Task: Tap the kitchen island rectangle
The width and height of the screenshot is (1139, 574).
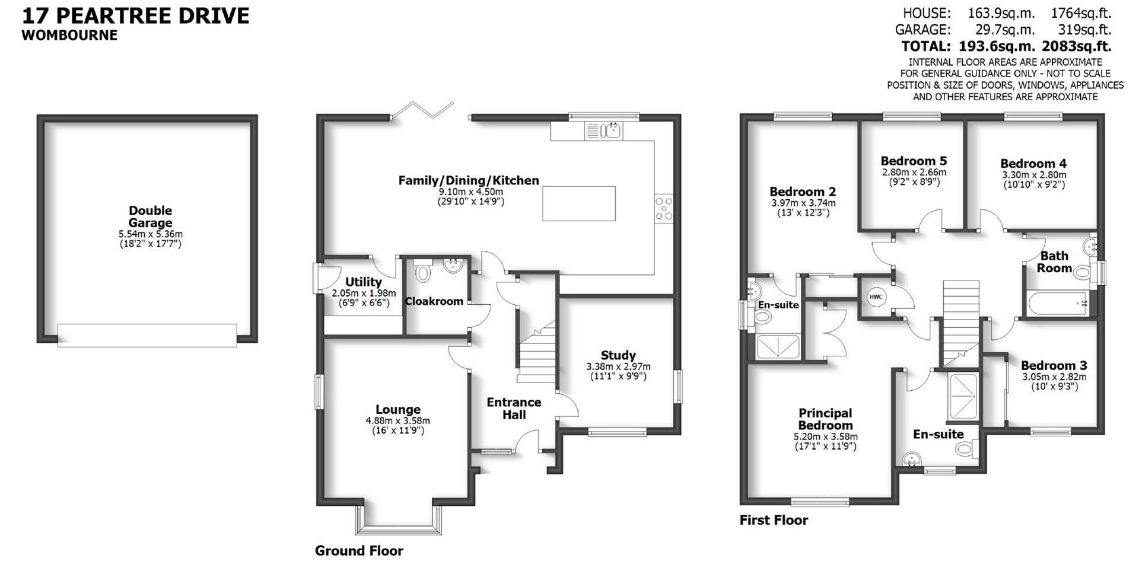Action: tap(579, 203)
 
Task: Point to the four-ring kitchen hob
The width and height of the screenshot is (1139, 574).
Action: tap(664, 209)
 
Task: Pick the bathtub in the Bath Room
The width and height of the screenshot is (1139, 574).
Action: tap(1057, 304)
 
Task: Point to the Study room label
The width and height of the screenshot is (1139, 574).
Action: tap(618, 355)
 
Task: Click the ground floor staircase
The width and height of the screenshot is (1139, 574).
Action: tap(536, 356)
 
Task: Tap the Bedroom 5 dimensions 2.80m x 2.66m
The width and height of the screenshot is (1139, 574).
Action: tap(914, 173)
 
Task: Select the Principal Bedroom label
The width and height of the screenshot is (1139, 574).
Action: tap(825, 419)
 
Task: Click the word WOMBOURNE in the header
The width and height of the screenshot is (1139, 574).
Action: tap(69, 35)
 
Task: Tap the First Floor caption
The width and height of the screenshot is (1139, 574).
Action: tap(774, 520)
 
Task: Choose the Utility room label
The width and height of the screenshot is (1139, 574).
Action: tap(363, 282)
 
